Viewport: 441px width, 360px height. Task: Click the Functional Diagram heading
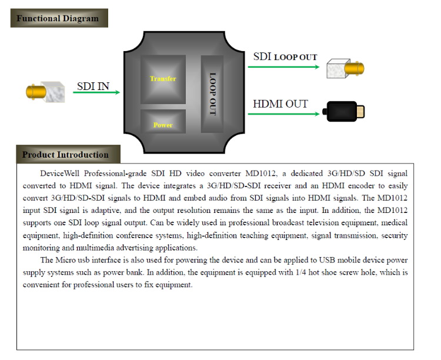58,18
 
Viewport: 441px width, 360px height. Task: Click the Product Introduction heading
65,155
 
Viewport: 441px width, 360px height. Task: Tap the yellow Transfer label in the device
163,79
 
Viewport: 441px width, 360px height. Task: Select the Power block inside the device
163,124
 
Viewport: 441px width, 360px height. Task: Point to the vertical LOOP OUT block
213,94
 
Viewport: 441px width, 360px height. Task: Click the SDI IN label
93,87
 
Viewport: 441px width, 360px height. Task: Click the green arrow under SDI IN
98,92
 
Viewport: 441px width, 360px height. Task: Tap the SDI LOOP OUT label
285,57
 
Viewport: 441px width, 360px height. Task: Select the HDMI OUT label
280,104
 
